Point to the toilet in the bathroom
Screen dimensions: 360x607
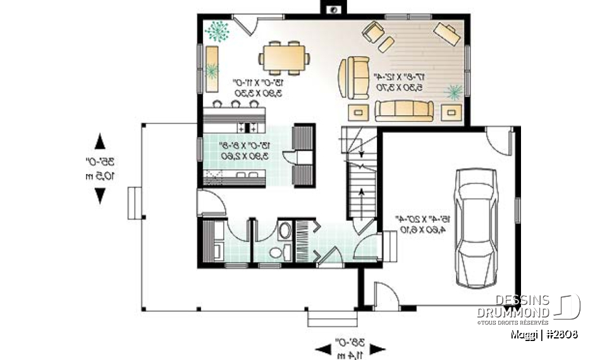(x=277, y=252)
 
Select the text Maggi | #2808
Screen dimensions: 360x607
(x=545, y=333)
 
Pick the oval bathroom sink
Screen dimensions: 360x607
(x=285, y=230)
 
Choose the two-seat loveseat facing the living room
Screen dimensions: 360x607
(x=353, y=77)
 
